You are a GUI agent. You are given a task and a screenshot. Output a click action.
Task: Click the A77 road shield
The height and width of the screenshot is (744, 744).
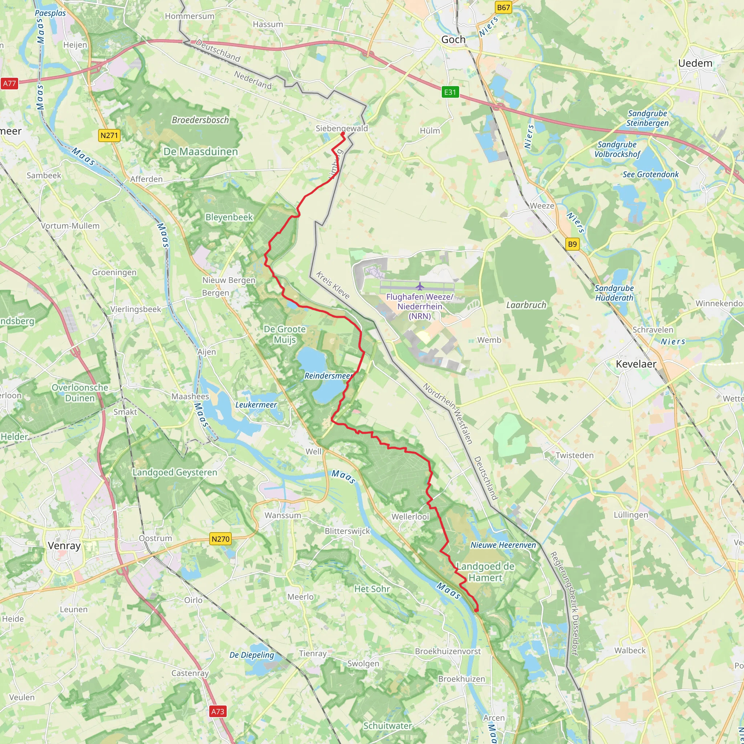coord(10,84)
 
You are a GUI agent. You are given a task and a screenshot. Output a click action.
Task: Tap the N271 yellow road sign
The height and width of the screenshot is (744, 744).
coord(109,135)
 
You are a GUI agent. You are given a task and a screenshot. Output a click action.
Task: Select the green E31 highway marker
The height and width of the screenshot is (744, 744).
coord(450,92)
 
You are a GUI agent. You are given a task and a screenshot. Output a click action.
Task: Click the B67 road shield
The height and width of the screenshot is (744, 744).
coord(503,7)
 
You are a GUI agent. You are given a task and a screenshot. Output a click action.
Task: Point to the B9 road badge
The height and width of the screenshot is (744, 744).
coord(572,244)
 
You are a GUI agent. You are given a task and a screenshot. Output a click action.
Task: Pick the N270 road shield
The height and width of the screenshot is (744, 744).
coord(220,539)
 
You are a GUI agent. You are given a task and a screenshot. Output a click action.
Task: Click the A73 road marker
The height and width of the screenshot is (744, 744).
coord(218,711)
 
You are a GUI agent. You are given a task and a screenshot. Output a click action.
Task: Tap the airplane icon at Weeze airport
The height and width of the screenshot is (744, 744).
coord(420,287)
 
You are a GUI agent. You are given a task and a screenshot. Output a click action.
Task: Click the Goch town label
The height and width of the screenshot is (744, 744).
coord(453,40)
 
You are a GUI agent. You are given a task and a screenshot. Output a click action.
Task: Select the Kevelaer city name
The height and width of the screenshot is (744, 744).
coord(636,364)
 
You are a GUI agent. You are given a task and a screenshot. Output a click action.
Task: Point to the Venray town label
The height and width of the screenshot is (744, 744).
coord(64,545)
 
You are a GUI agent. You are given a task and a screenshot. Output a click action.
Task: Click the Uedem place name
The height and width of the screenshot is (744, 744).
coord(695,63)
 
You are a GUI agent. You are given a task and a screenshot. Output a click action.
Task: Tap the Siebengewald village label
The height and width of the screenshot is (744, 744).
coord(341,128)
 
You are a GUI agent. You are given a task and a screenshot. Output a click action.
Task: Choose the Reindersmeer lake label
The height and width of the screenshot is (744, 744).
coord(328,376)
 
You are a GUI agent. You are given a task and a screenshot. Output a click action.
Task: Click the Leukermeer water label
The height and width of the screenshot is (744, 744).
coord(256,405)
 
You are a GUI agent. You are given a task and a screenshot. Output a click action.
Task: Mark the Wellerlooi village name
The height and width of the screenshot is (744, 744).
coord(410,517)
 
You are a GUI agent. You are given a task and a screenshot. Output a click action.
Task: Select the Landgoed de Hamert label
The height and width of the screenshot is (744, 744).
coord(485,572)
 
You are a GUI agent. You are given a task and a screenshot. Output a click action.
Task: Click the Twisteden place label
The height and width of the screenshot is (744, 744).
coord(575,455)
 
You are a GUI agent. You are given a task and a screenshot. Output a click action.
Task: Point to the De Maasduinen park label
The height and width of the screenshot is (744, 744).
coord(201,152)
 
